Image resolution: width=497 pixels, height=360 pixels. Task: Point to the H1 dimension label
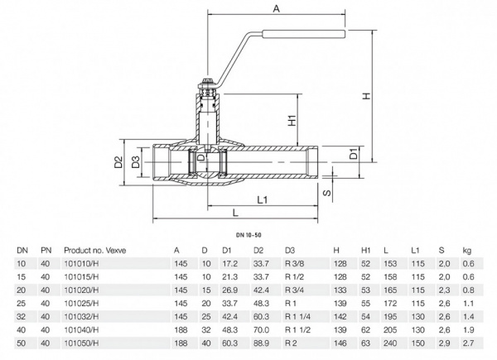(x=291, y=121)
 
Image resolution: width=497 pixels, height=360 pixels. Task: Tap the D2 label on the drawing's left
(x=118, y=160)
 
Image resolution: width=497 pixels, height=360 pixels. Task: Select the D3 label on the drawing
(x=135, y=160)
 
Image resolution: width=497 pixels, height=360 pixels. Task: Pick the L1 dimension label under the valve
(x=262, y=200)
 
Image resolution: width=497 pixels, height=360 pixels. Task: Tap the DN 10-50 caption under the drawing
(x=248, y=236)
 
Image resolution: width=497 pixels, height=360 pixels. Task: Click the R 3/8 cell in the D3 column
(x=295, y=263)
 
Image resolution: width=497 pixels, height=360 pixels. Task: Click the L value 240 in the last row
(x=387, y=340)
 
